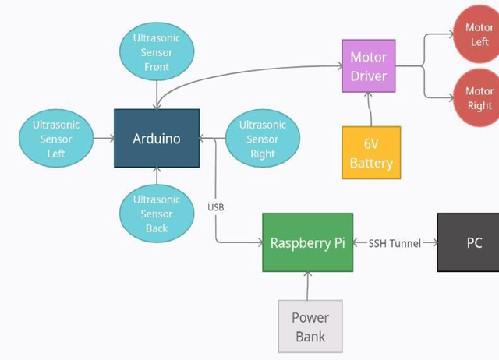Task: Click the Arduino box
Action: [x=157, y=139]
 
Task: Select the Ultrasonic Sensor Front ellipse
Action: [x=157, y=52]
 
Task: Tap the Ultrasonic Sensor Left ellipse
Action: [x=56, y=139]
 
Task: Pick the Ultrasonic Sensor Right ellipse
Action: [x=262, y=139]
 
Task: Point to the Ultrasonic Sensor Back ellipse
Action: [x=157, y=214]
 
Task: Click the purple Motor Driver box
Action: [x=368, y=66]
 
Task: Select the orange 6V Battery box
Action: [x=371, y=153]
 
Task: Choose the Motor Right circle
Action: [x=479, y=97]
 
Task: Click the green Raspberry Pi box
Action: [x=307, y=242]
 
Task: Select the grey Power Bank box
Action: [x=310, y=326]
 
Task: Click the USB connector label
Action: [x=216, y=207]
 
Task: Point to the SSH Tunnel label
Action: [x=395, y=243]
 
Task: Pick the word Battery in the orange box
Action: [x=371, y=164]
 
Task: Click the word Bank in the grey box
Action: [x=310, y=337]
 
